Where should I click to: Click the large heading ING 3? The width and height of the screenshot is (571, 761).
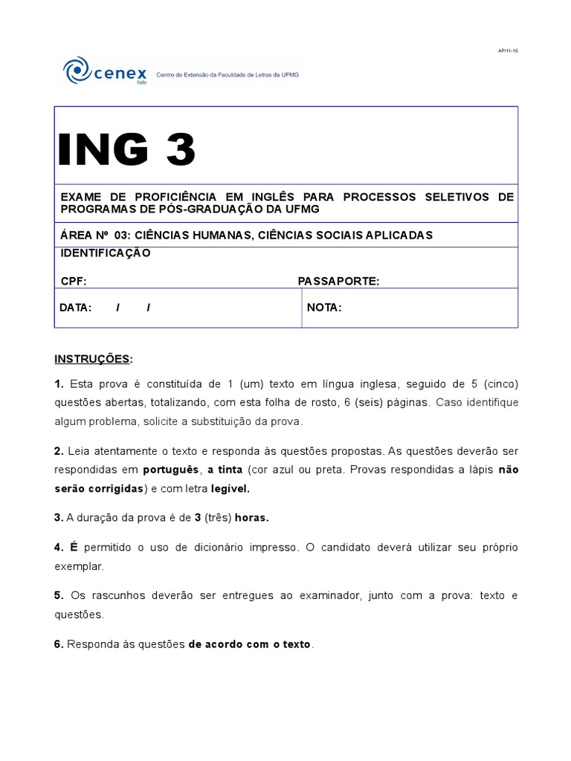(x=128, y=151)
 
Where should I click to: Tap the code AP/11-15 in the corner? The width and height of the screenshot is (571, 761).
(x=508, y=51)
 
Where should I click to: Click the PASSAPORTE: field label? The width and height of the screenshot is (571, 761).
(x=338, y=281)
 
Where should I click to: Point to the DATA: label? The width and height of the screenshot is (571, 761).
(x=75, y=308)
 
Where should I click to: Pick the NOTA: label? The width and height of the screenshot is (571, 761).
(x=324, y=308)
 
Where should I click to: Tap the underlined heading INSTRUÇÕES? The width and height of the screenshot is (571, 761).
(x=92, y=359)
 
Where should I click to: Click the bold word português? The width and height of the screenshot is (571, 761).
(x=172, y=470)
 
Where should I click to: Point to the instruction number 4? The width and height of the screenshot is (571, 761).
(x=58, y=547)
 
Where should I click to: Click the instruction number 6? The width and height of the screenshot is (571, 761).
(x=58, y=644)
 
